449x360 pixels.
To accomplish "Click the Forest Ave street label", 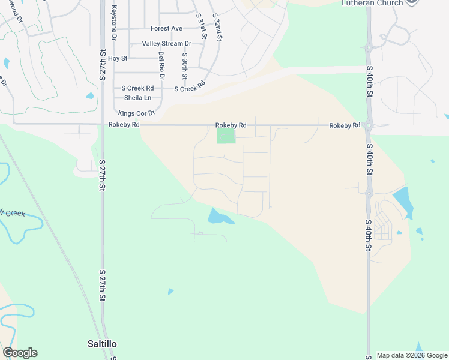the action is pos(166,28).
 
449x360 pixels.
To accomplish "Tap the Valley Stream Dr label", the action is pos(166,44).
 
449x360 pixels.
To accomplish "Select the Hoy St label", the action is pos(118,58).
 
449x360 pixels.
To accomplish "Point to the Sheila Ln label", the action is pos(137,97).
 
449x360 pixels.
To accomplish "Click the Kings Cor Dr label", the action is pos(136,113).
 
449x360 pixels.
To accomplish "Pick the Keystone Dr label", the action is pos(113,23).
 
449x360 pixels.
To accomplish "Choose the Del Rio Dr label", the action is pos(161,65).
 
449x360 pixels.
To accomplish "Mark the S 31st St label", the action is pos(202,26).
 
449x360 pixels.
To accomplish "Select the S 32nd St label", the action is pos(218,26).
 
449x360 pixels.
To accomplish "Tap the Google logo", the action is pos(20,353).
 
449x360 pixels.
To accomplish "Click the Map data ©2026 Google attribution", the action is pos(412,355).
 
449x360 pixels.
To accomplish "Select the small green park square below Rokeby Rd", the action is pos(226,136).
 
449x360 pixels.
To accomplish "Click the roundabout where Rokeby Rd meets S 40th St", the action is pos(369,125).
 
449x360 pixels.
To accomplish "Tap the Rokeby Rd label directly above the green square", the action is pos(231,125).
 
